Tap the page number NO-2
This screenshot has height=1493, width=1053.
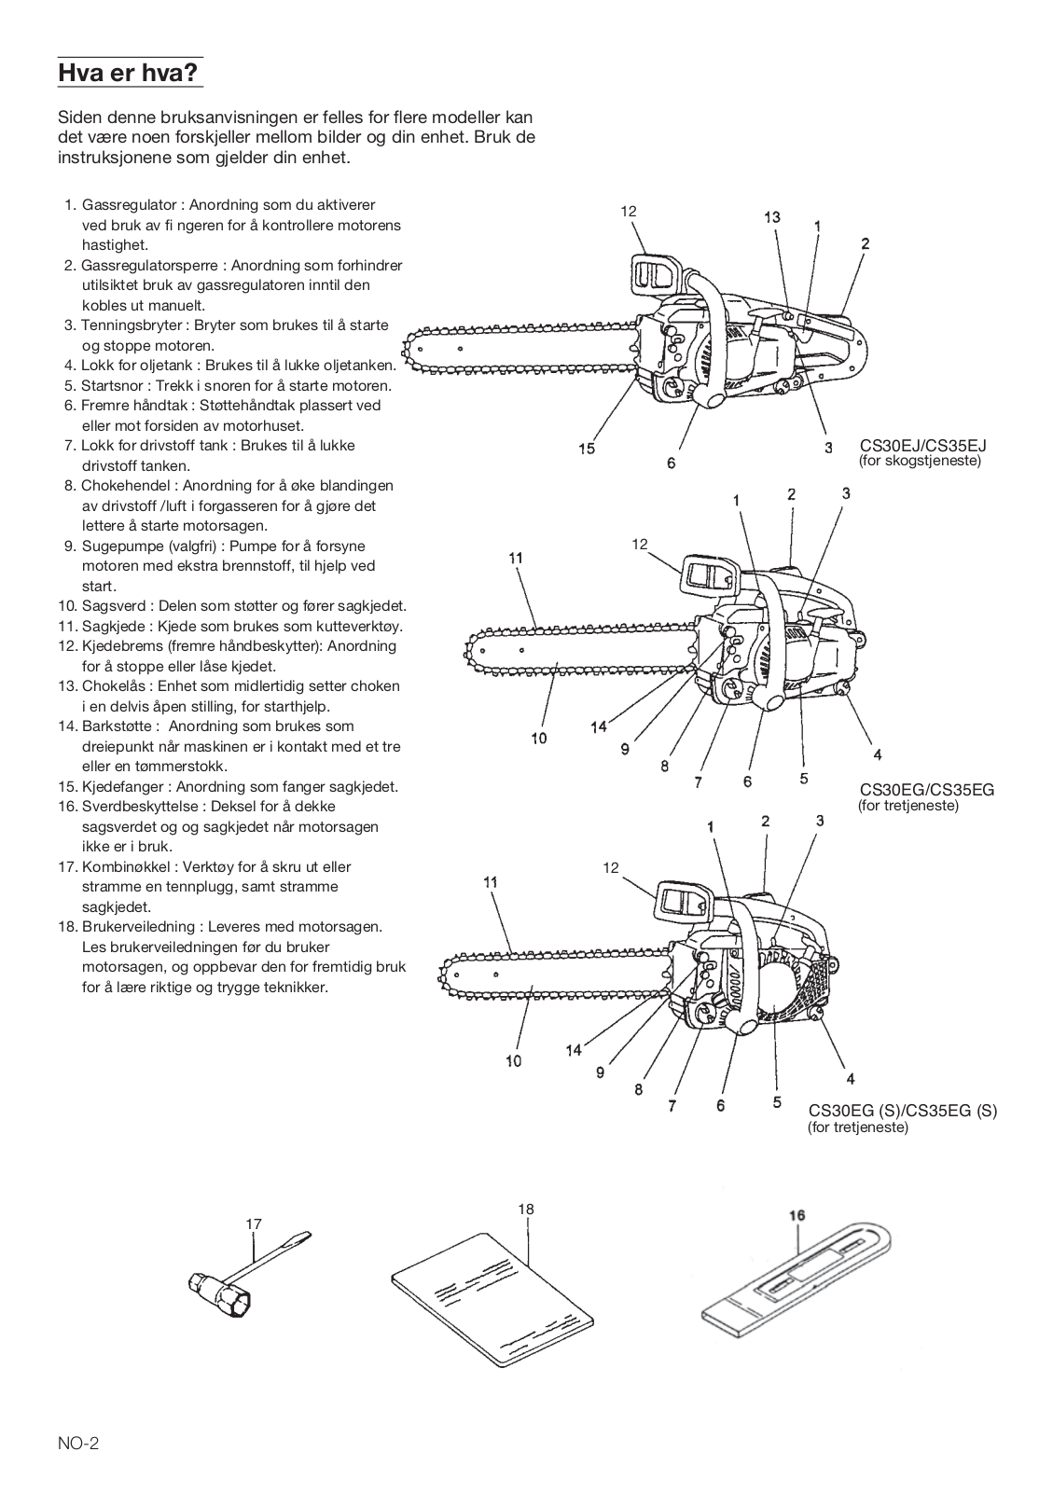78,1445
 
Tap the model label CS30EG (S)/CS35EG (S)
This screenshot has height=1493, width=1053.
902,1111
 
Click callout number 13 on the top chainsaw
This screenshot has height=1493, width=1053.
772,217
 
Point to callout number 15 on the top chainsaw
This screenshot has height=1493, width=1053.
586,449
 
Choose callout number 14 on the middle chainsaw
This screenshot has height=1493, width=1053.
599,726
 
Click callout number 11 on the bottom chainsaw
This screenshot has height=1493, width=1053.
491,881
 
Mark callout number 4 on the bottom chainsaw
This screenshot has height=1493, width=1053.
850,1079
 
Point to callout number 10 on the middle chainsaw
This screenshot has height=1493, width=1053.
539,739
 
